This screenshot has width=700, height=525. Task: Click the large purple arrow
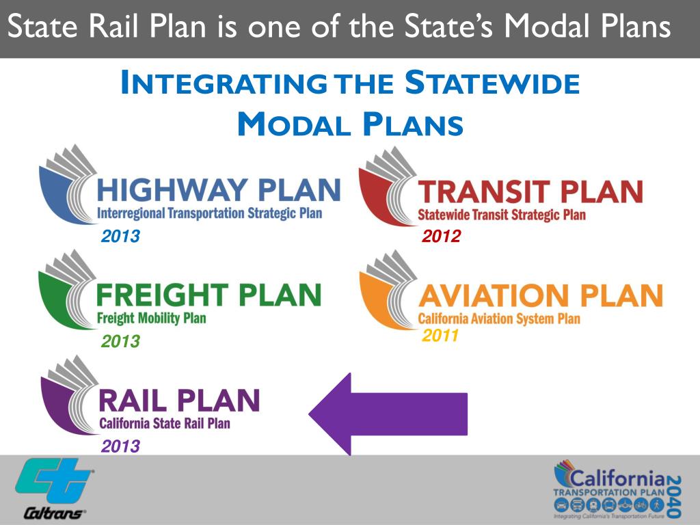click(388, 414)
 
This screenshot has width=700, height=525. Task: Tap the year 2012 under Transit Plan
click(441, 237)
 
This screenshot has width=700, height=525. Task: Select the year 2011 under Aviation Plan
click(441, 336)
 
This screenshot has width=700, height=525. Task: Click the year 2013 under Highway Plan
click(120, 237)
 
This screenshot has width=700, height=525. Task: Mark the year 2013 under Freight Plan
click(120, 341)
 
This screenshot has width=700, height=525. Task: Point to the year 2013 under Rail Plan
click(120, 446)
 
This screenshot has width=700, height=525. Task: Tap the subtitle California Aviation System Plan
click(499, 319)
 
